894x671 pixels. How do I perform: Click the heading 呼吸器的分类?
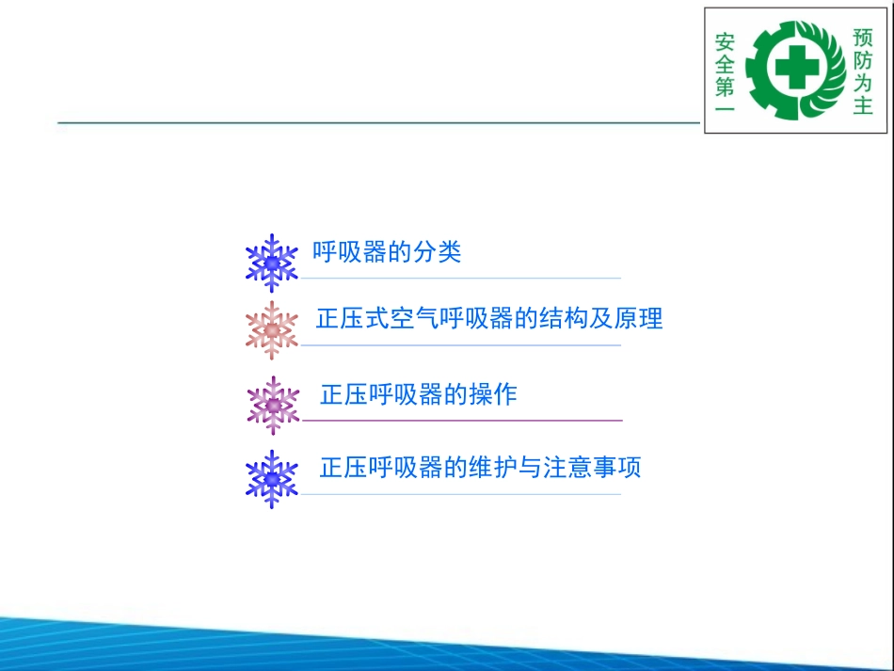(387, 252)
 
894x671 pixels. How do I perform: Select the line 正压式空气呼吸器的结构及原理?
(489, 319)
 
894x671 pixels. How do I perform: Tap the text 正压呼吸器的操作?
(419, 394)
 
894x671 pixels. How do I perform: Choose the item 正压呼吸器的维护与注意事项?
(480, 468)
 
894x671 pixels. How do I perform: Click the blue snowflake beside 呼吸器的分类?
(271, 263)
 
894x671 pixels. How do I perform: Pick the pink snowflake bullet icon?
(271, 330)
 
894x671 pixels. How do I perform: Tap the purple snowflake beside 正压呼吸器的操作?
(272, 405)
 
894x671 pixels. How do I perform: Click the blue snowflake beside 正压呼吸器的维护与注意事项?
(271, 479)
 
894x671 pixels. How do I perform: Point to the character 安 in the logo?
(725, 43)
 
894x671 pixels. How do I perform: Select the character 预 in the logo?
(862, 38)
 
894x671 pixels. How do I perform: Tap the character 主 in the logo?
(862, 105)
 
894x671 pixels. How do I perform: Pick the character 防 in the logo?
(862, 60)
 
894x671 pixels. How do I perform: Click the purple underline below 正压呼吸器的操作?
(461, 420)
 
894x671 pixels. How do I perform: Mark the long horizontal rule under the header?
(376, 122)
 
